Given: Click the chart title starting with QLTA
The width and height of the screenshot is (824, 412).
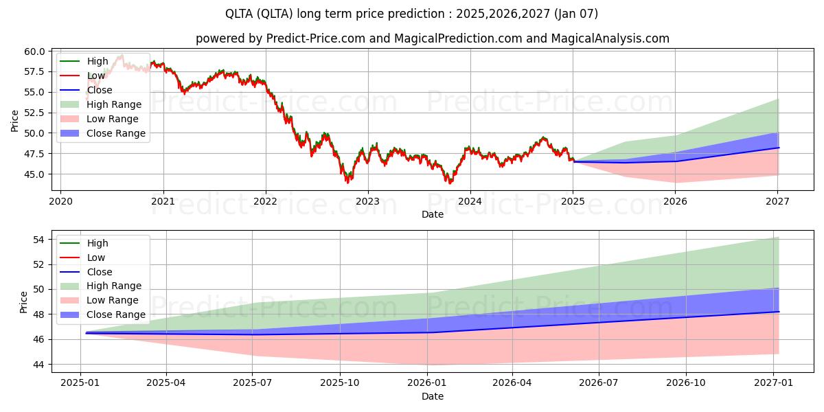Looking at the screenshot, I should coord(411,14).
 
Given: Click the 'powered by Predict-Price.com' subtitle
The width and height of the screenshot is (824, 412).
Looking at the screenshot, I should coord(432,38).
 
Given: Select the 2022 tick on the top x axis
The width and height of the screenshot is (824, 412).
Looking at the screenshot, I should coord(265,201).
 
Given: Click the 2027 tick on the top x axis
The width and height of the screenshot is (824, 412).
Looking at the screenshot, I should coord(777,201).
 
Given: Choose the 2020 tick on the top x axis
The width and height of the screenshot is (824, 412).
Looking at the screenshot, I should coord(60,201).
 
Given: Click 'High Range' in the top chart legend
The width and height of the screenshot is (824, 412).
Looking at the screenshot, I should coord(114,104).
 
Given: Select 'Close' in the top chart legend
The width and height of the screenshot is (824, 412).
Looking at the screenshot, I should coord(100,90).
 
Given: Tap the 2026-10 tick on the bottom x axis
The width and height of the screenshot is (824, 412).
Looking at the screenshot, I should coord(687,383).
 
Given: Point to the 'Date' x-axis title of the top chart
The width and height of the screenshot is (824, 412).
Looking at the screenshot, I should coord(433,214).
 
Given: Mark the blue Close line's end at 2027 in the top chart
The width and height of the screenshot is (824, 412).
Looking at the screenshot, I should coord(779,148).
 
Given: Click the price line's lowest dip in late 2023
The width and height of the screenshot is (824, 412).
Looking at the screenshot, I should coord(450,183).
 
